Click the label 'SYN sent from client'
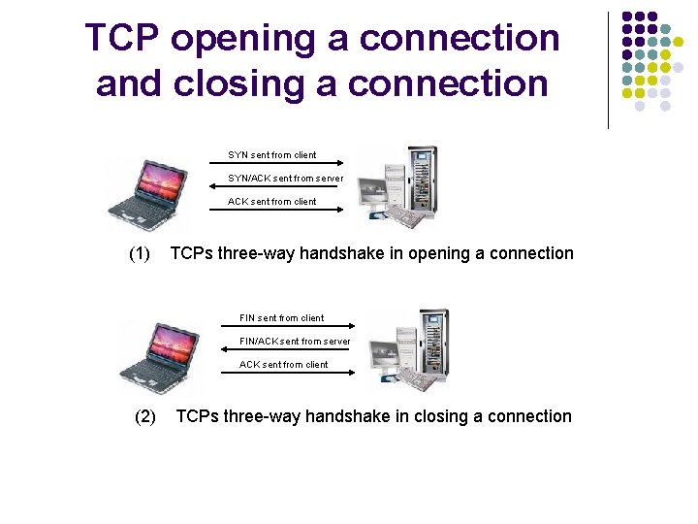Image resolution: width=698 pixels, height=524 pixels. coord(271,155)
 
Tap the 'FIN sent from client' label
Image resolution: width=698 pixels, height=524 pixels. coord(282,318)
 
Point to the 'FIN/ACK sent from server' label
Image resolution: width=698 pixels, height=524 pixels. coord(295,342)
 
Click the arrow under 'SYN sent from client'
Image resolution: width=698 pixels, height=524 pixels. coord(275,165)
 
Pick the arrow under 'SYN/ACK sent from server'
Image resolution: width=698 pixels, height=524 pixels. coord(275,188)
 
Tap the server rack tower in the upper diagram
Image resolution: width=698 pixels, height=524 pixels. coord(422,180)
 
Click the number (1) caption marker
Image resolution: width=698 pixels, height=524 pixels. coord(140,254)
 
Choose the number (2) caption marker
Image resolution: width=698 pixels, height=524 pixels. coord(144,417)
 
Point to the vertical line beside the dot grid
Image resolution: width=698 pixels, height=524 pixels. coord(608,70)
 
